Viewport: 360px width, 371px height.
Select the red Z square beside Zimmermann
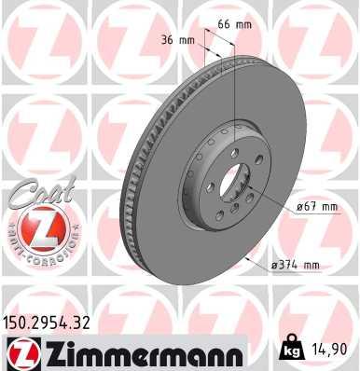coord(19,352)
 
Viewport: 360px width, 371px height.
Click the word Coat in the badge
coord(35,199)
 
